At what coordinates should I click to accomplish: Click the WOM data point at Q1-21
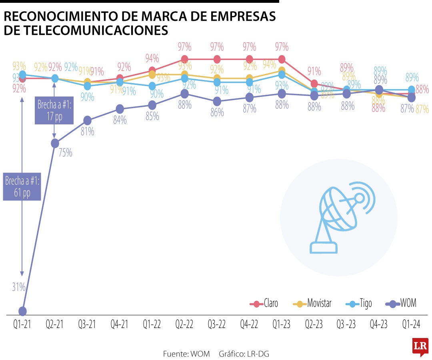(22, 311)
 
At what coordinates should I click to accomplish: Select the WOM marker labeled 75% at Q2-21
(55, 143)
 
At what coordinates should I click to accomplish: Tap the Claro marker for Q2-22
(184, 59)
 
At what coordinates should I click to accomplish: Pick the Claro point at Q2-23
(314, 84)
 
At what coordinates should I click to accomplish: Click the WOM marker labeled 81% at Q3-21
(88, 120)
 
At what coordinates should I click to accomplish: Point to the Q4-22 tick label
(249, 325)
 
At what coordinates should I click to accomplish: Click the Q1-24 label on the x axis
(411, 325)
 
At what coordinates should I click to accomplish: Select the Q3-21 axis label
(87, 325)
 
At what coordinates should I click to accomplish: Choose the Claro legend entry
(264, 304)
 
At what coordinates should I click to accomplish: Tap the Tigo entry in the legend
(359, 304)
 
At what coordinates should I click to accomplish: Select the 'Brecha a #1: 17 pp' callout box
(54, 110)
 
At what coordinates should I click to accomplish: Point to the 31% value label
(18, 287)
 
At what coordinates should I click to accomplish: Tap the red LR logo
(420, 346)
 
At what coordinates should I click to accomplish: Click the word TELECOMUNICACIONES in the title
(86, 31)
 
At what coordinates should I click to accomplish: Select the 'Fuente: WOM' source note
(186, 354)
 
